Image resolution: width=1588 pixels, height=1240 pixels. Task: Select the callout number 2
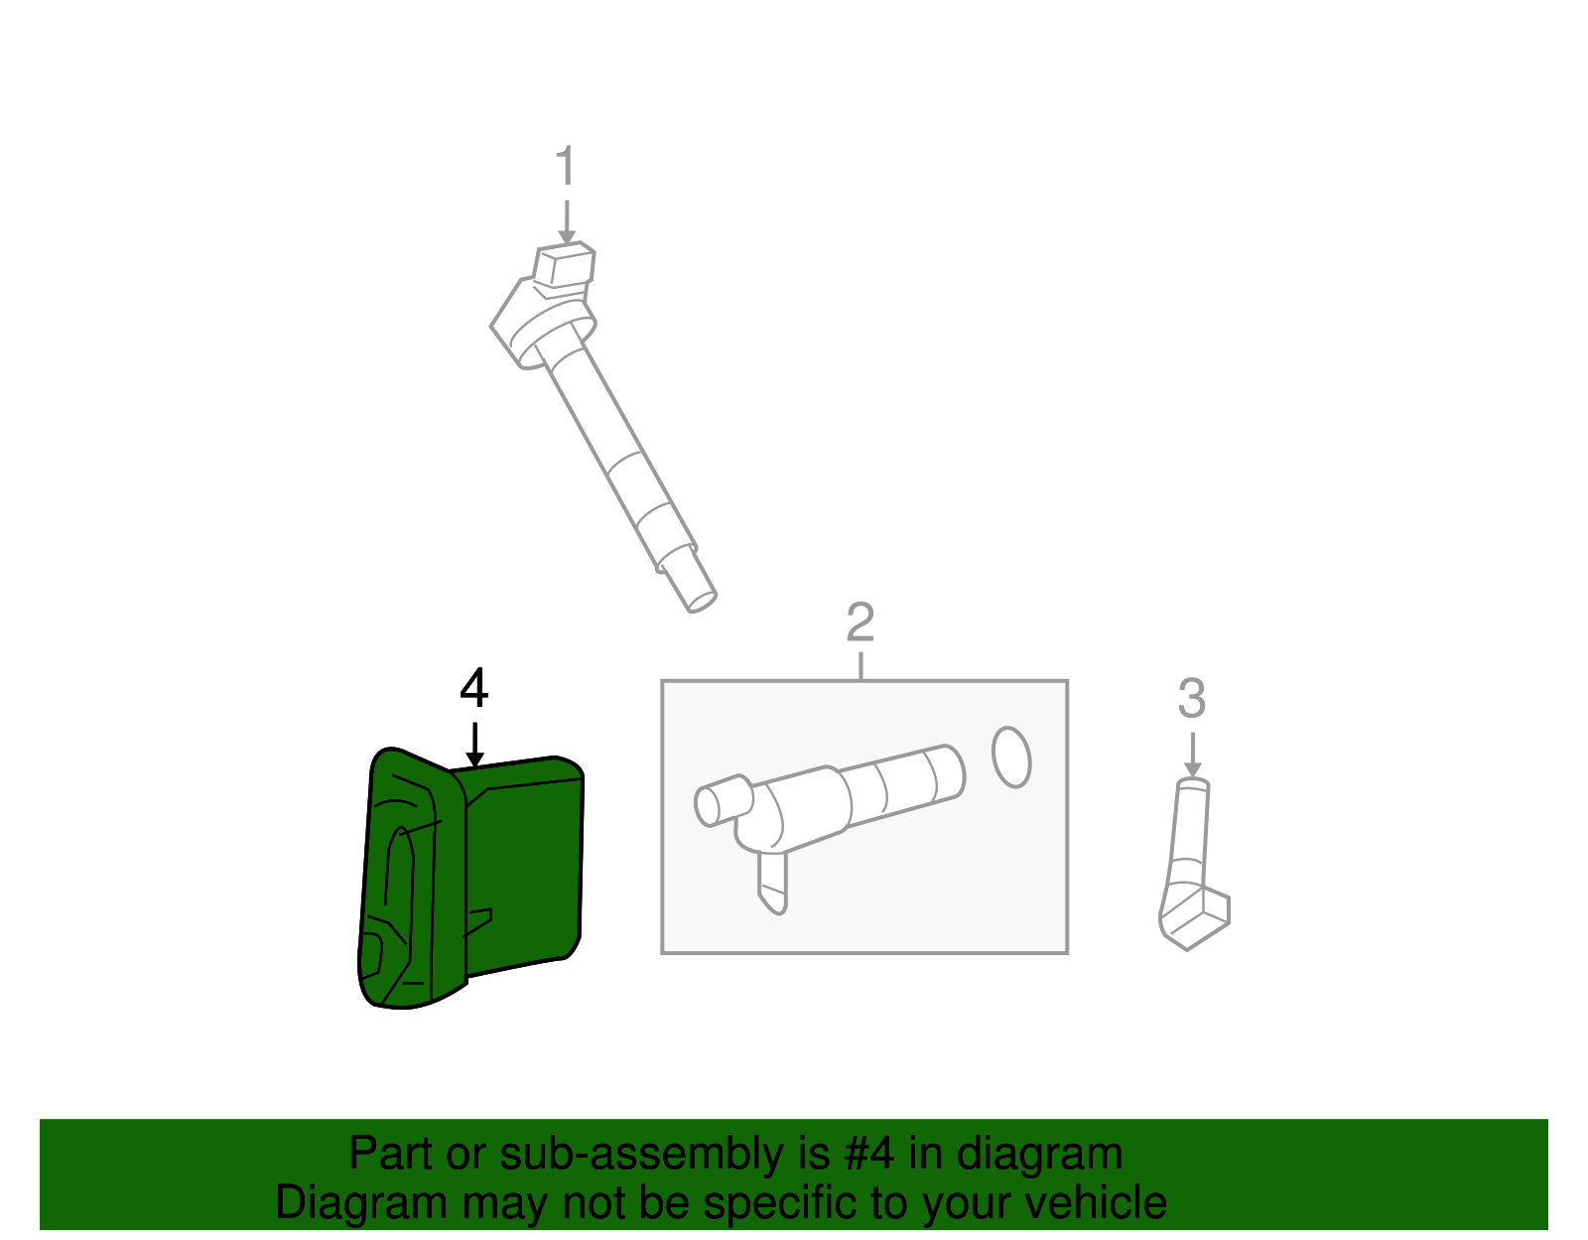tap(860, 621)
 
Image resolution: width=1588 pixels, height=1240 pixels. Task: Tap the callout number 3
tap(1192, 698)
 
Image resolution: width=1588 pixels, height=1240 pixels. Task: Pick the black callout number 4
tap(474, 688)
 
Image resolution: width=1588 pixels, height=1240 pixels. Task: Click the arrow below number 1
tap(567, 222)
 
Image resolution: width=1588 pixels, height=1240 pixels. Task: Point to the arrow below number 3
tap(1193, 755)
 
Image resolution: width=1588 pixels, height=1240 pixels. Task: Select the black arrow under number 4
tap(475, 745)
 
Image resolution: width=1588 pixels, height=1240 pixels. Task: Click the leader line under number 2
tap(860, 665)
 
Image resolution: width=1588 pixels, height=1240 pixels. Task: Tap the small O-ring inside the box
tap(1011, 758)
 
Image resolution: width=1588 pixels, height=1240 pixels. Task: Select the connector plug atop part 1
tap(564, 264)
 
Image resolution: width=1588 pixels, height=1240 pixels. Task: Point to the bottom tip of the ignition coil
tap(702, 602)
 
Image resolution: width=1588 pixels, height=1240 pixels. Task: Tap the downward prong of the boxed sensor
tap(773, 883)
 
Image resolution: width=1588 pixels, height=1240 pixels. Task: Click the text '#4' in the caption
tap(868, 1153)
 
